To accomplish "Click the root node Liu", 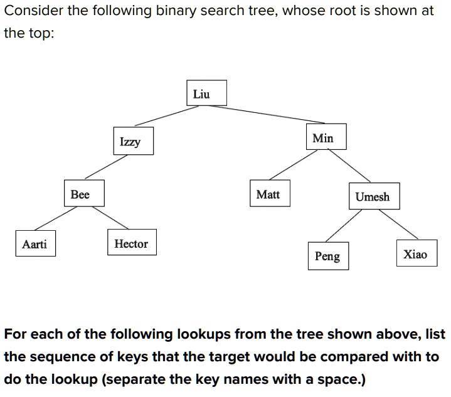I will click(201, 95).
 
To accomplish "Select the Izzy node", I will click(130, 142).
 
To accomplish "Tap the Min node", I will click(323, 138).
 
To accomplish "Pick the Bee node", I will click(80, 194).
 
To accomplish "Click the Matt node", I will click(268, 194).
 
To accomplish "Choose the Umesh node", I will click(372, 196).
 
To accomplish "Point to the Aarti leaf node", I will click(34, 244).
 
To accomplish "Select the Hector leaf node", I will click(131, 244).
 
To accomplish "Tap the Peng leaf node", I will click(327, 256).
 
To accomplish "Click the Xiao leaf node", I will click(415, 254).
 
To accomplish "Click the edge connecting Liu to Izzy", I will click(166, 116).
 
